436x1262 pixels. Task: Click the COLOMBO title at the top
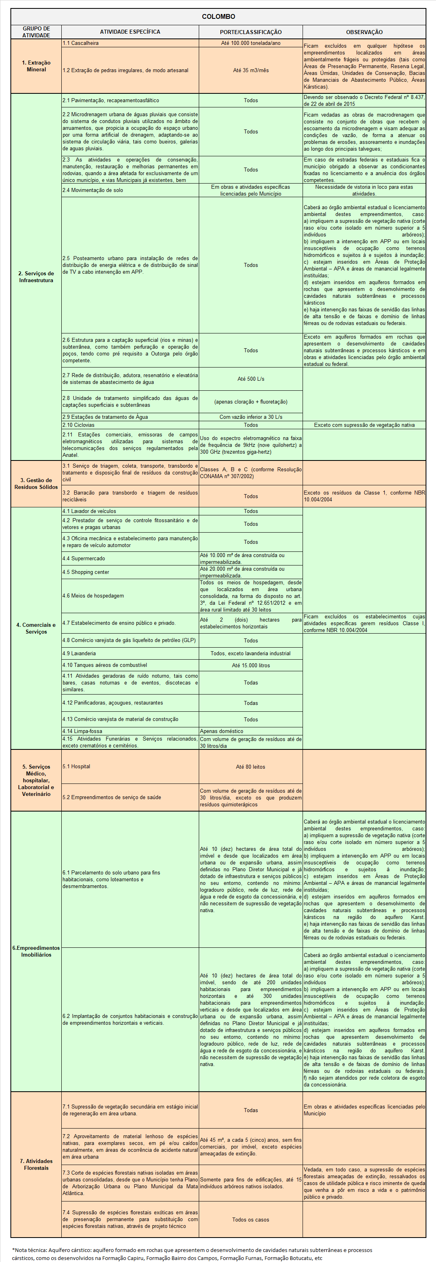tap(218, 17)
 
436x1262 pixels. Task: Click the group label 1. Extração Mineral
tap(36, 66)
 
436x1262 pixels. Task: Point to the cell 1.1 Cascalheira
tap(80, 43)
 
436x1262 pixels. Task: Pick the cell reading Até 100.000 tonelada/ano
tap(250, 43)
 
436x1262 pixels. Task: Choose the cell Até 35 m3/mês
tap(250, 71)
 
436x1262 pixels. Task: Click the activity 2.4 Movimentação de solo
tap(93, 190)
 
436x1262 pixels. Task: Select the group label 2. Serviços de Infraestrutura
tap(36, 277)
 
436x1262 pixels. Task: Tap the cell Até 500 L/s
tap(250, 379)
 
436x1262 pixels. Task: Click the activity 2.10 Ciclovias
tap(79, 425)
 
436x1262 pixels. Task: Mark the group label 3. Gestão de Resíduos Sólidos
tap(36, 484)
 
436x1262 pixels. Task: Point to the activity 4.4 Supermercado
tap(83, 559)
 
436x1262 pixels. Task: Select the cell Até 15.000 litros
tap(250, 665)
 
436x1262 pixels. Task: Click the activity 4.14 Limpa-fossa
tap(82, 731)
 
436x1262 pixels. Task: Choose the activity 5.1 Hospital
tap(77, 766)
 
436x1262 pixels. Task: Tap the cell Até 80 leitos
tap(250, 767)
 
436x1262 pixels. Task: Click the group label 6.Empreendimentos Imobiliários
tap(36, 951)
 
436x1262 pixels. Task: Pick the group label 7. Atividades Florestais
tap(36, 1165)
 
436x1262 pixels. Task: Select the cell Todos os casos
tap(250, 1220)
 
